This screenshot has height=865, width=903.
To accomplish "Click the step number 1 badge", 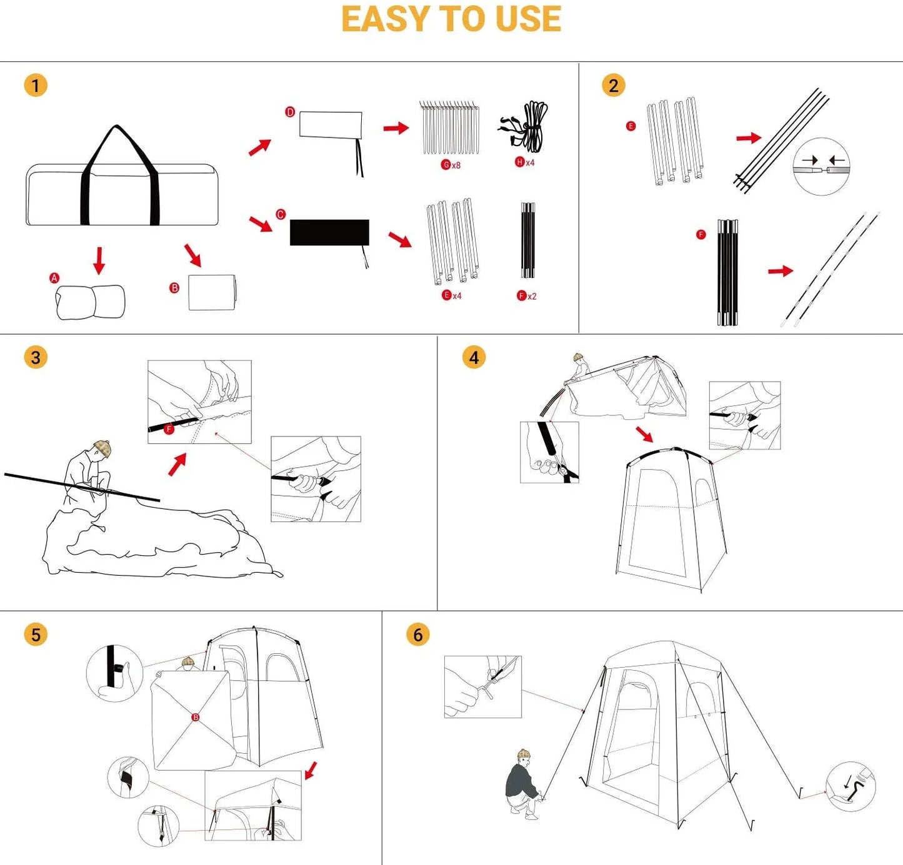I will coord(36,86).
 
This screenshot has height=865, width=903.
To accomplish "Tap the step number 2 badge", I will coord(613,86).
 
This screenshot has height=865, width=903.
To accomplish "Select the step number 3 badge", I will coord(36,357).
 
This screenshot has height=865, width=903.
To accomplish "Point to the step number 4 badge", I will coord(474,357).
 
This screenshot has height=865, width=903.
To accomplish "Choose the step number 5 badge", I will coord(36,635).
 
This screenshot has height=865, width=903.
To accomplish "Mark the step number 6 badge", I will coord(417,635).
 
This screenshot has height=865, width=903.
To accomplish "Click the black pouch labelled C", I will coord(329,232).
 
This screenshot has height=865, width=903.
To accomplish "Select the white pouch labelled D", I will coord(331,125).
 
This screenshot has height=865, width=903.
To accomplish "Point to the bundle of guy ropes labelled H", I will coord(528,127).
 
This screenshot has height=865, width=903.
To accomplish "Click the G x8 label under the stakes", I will coord(451,165).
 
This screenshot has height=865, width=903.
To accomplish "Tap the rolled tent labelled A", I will coord(91,302).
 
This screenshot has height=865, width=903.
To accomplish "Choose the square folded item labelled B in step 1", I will coord(212,292).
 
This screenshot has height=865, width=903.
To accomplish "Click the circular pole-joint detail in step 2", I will coord(821,166).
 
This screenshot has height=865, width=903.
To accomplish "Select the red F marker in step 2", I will coord(701,235).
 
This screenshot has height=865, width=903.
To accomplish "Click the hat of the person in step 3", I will coord(102,447).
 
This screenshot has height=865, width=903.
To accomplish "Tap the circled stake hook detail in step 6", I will coord(851,786).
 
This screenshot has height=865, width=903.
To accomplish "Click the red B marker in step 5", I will coord(196,718).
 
